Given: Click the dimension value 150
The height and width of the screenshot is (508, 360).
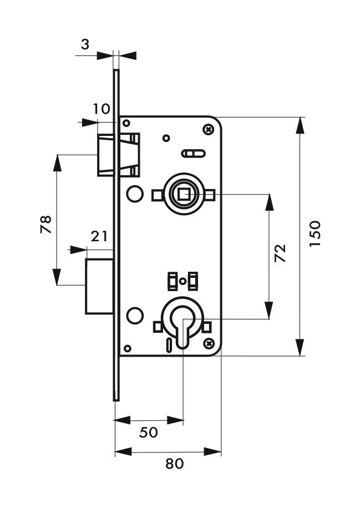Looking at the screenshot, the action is [315, 234].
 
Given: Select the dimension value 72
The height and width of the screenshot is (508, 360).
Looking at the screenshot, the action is [280, 253].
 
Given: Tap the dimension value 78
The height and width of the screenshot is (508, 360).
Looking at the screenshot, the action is [45, 224].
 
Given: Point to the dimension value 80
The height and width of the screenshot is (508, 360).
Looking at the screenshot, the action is [174, 464].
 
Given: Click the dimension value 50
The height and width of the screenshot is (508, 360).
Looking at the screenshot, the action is [149, 432].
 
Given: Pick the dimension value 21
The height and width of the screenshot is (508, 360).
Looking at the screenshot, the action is [99, 236].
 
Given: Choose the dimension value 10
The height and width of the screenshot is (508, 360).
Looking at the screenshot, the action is [102, 109].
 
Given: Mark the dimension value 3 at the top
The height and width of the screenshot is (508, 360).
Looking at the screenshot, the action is [85, 44].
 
